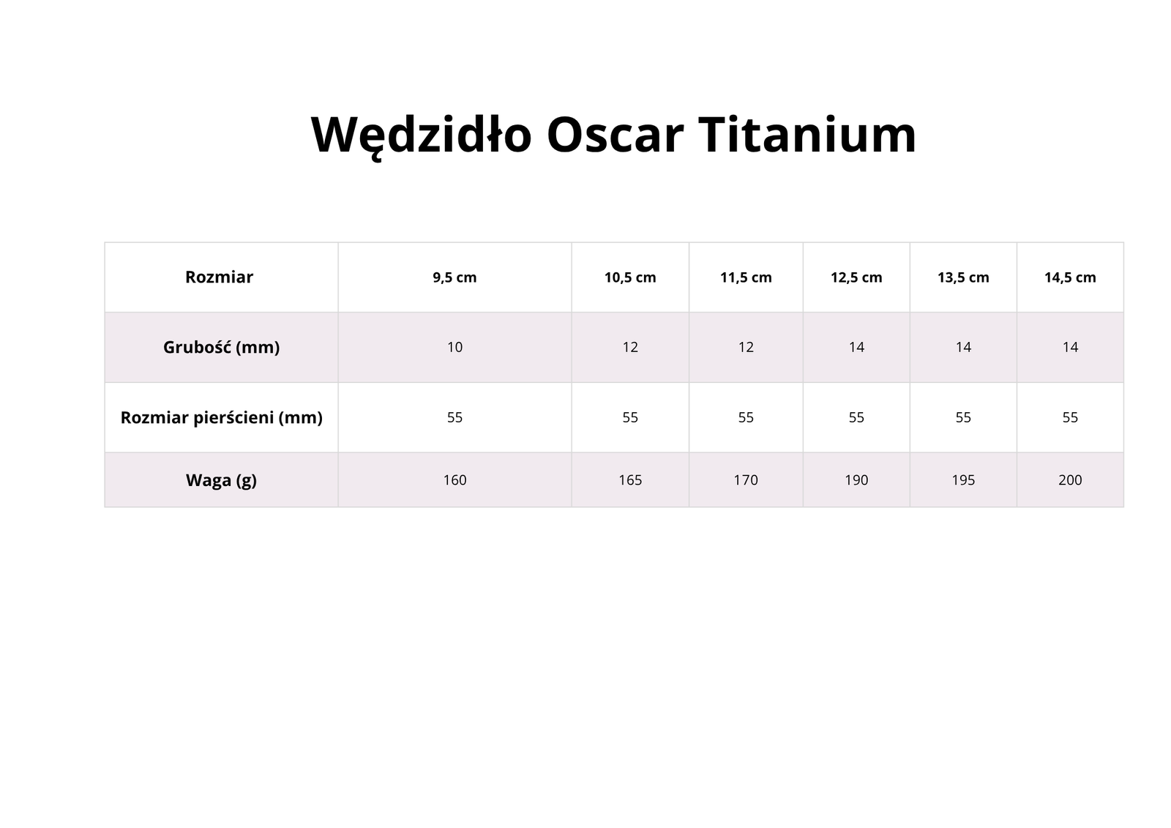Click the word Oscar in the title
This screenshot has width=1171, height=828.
[x=616, y=135]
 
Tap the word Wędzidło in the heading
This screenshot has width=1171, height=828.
[x=422, y=137]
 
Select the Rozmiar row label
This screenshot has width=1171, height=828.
[x=219, y=277]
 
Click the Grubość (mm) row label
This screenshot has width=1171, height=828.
[x=221, y=347]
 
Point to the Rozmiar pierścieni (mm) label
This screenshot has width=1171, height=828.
[x=221, y=417]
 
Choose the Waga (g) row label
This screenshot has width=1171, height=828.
[x=221, y=480]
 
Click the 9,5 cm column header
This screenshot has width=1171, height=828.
[x=454, y=277]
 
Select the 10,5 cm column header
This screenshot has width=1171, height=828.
[x=630, y=277]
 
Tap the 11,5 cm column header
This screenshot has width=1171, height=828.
[x=746, y=277]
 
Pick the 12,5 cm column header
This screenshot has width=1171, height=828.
[x=856, y=277]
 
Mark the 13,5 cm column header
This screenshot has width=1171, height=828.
[x=963, y=277]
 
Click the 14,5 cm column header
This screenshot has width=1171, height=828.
[x=1070, y=277]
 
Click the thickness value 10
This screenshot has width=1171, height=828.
[x=454, y=347]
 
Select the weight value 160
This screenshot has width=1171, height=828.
[x=454, y=480]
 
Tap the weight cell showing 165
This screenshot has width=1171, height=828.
[x=630, y=480]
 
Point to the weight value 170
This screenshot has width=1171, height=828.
[x=746, y=480]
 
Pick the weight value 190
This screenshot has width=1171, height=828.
[x=856, y=480]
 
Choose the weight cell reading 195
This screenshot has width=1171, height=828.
[x=963, y=480]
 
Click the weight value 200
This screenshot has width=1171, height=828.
[x=1070, y=480]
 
